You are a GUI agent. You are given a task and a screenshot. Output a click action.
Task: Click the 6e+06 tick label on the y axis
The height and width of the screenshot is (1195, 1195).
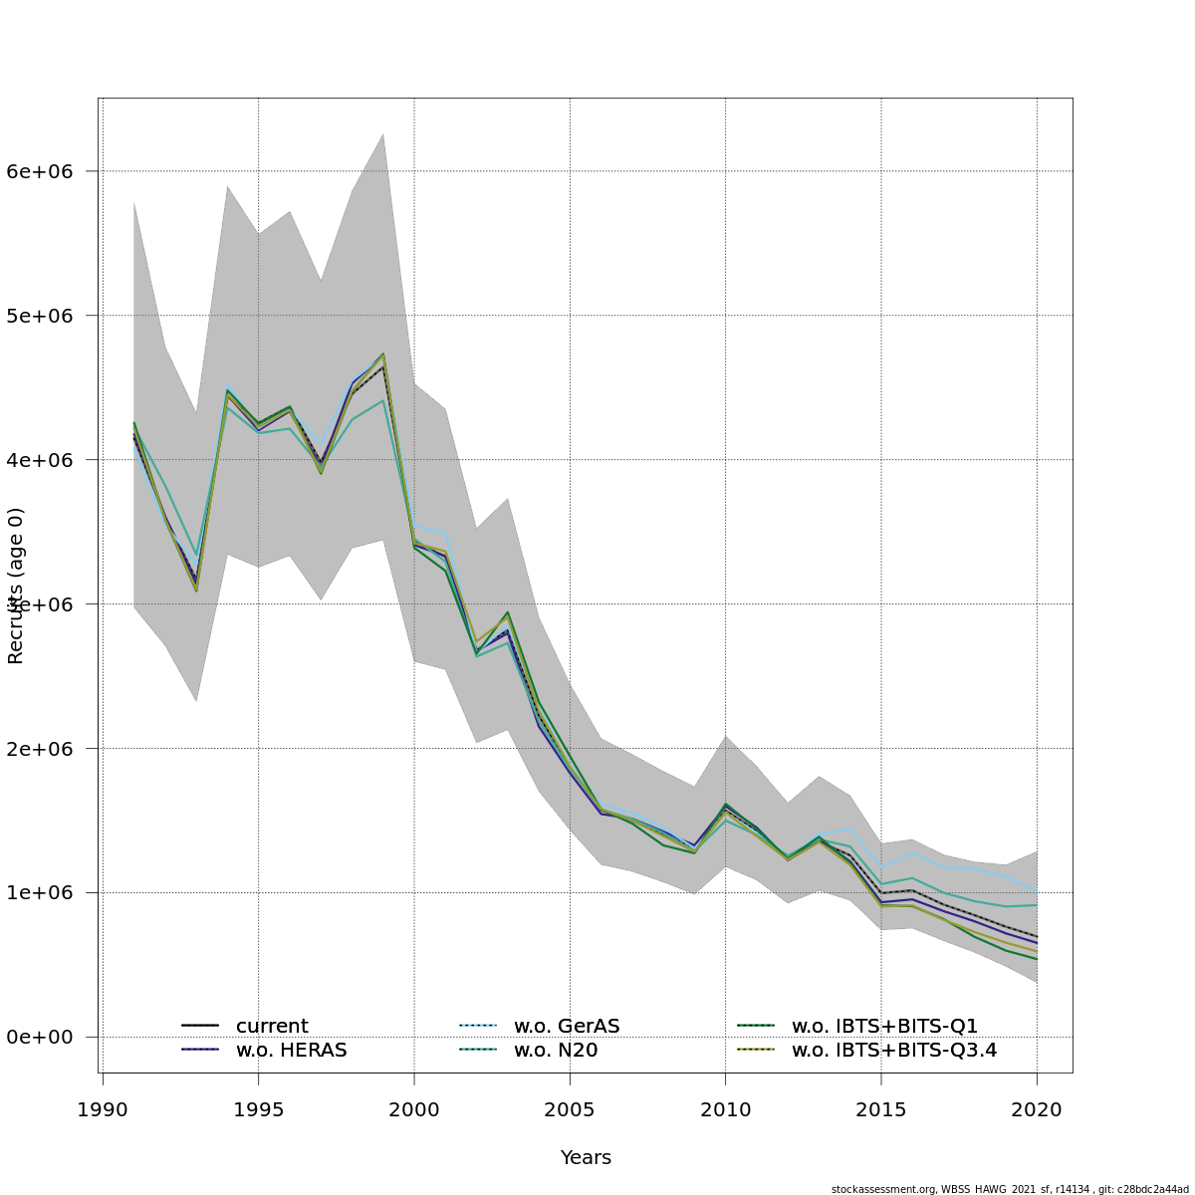(x=40, y=171)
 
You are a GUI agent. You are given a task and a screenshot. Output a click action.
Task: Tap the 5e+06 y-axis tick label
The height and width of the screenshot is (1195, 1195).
(x=40, y=316)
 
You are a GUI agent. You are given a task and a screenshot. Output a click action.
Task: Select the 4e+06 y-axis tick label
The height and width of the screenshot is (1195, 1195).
(x=40, y=460)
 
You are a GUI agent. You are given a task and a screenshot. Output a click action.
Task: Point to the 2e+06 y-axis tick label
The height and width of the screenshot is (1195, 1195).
(x=40, y=748)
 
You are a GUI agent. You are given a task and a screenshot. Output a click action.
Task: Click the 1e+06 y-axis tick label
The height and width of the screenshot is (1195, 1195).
(x=40, y=892)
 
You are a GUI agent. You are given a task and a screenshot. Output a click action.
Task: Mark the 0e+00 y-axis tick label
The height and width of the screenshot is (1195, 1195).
(x=40, y=1037)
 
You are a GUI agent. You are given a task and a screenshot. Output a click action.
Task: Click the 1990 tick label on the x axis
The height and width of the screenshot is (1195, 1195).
(x=103, y=1109)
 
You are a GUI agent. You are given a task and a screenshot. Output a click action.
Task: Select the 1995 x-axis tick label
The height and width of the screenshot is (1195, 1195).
(x=259, y=1109)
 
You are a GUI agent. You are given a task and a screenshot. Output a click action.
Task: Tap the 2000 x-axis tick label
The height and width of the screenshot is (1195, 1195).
(x=414, y=1109)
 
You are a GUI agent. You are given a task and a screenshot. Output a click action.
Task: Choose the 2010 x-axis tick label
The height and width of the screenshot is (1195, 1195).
(x=726, y=1109)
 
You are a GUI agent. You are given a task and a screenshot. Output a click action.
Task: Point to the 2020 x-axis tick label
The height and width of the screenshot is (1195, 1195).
(x=1037, y=1109)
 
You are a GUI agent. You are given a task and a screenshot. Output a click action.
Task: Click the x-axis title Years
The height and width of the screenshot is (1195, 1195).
(x=586, y=1157)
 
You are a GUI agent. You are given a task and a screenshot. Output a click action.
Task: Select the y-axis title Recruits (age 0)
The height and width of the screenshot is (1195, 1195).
(x=16, y=586)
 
